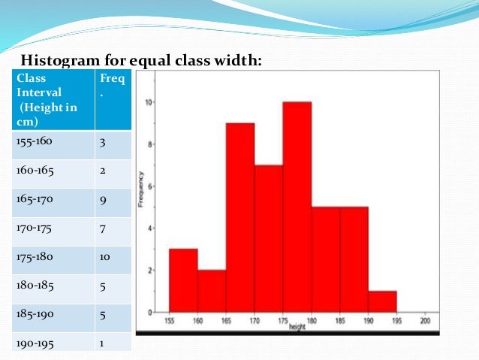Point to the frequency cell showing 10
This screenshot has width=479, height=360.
click(x=112, y=256)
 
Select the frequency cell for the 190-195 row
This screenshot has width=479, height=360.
click(x=112, y=343)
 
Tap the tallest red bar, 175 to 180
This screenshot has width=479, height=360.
click(x=297, y=207)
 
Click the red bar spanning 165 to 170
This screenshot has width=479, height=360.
click(x=240, y=217)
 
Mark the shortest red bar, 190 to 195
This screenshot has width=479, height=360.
click(x=383, y=301)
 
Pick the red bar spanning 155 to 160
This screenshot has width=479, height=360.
click(x=183, y=280)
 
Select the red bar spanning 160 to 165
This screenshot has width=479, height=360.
click(x=212, y=291)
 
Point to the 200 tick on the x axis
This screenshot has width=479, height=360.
click(x=426, y=319)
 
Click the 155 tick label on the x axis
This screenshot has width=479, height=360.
click(x=170, y=319)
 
